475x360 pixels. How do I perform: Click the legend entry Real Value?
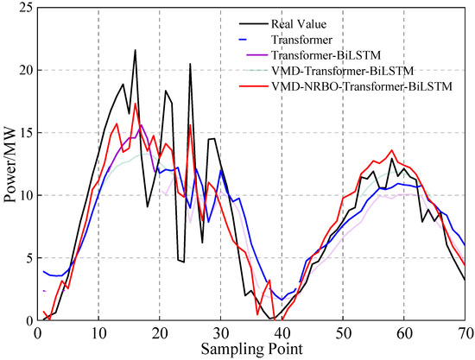[294, 23]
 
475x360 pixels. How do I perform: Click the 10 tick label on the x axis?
[98, 332]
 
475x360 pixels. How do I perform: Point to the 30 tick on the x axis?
[221, 332]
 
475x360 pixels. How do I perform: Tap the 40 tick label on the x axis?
[282, 332]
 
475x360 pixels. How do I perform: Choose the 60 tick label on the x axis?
[404, 332]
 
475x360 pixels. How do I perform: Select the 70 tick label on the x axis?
[465, 332]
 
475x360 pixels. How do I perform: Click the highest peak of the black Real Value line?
[135, 50]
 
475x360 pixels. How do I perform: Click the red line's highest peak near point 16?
[135, 104]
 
